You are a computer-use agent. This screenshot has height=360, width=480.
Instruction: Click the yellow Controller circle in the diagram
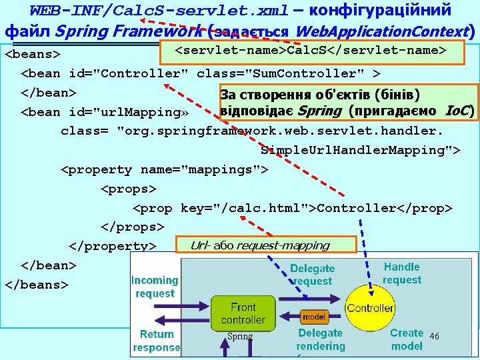(x=370, y=308)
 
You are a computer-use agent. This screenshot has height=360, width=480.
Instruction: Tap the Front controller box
(x=243, y=313)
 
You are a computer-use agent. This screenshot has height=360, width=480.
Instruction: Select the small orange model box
(x=313, y=317)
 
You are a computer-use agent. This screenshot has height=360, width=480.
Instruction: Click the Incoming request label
(x=155, y=287)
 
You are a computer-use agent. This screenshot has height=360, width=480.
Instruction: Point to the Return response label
(x=157, y=340)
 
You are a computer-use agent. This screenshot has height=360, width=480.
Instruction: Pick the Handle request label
(x=402, y=273)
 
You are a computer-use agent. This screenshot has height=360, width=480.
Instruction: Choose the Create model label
(x=407, y=339)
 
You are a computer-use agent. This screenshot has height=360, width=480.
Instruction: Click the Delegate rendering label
(x=321, y=339)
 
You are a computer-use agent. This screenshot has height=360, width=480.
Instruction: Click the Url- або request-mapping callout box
(x=265, y=245)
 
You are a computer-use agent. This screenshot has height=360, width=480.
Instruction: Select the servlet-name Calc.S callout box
(x=310, y=51)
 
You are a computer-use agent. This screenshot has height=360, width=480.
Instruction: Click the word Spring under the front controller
(x=240, y=337)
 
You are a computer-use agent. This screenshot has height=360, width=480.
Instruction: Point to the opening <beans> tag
(x=33, y=53)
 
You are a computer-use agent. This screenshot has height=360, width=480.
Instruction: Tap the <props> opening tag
(x=128, y=189)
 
